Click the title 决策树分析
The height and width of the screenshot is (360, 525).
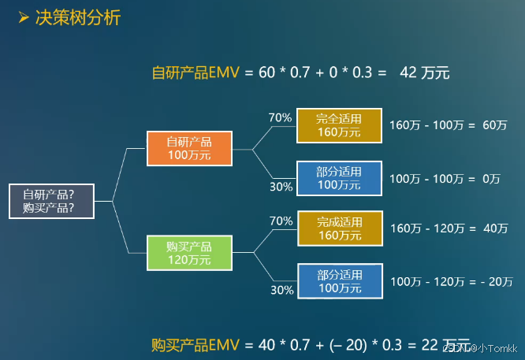click(x=78, y=17)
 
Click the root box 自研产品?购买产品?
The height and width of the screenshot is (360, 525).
click(x=49, y=201)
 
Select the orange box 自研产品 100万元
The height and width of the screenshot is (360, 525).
click(x=189, y=148)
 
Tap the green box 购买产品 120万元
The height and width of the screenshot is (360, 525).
click(x=189, y=252)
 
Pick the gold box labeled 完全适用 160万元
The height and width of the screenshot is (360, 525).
click(x=339, y=125)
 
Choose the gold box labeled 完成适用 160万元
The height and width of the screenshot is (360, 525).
click(x=340, y=228)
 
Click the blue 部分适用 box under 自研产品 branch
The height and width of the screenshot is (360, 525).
click(x=339, y=178)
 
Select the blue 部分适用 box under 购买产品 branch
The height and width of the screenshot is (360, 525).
click(x=340, y=282)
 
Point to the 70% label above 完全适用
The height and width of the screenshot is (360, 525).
click(x=280, y=118)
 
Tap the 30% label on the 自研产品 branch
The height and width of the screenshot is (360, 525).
click(x=281, y=187)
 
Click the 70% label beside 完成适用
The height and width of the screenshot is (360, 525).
click(x=281, y=221)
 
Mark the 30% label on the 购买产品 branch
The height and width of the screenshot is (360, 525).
click(x=281, y=290)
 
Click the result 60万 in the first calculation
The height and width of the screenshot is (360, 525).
click(x=494, y=125)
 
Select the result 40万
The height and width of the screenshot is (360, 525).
click(x=493, y=228)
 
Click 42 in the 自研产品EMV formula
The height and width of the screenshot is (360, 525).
click(x=409, y=73)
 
